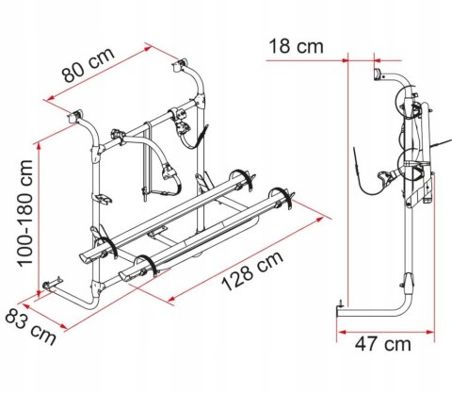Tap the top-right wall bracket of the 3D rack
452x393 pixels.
coord(180,67)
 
